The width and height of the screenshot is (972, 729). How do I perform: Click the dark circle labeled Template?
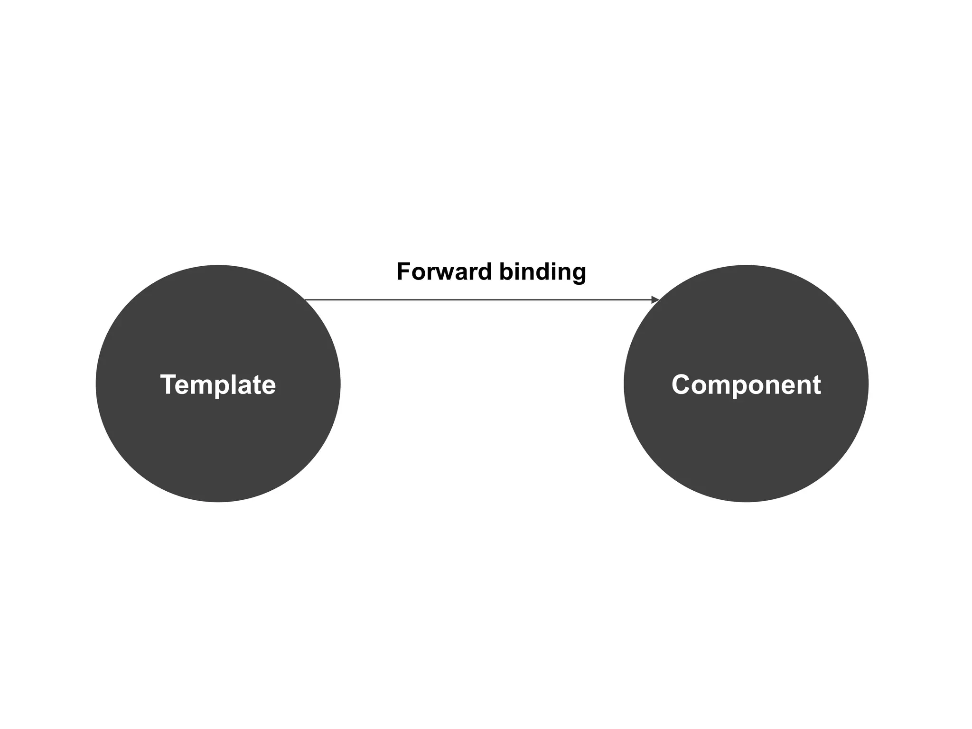click(218, 437)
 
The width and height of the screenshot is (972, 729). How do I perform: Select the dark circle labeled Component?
click(746, 437)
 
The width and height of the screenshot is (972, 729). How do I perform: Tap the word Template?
click(218, 384)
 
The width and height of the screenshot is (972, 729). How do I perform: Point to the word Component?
click(746, 384)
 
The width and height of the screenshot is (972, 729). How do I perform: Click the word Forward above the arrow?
click(444, 272)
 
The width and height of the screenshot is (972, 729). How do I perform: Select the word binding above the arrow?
click(542, 272)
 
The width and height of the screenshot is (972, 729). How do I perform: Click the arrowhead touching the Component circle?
click(655, 300)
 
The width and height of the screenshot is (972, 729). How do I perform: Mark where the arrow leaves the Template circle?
click(305, 300)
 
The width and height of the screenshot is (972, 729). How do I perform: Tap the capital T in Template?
click(168, 384)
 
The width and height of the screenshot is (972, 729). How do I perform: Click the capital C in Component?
click(681, 384)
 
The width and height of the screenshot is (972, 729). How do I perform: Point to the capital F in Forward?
click(403, 272)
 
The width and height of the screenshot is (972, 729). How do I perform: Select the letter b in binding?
click(506, 272)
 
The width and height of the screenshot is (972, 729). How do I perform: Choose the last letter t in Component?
click(816, 385)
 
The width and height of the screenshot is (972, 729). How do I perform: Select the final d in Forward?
click(484, 272)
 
